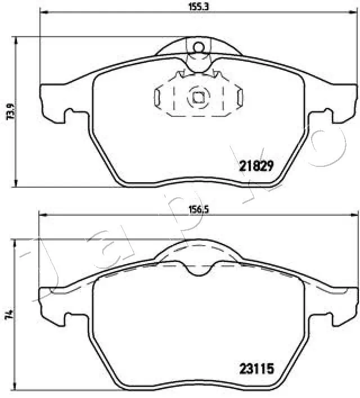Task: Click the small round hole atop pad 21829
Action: (197, 47)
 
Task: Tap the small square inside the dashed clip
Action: (198, 97)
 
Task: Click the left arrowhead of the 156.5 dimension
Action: (40, 215)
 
